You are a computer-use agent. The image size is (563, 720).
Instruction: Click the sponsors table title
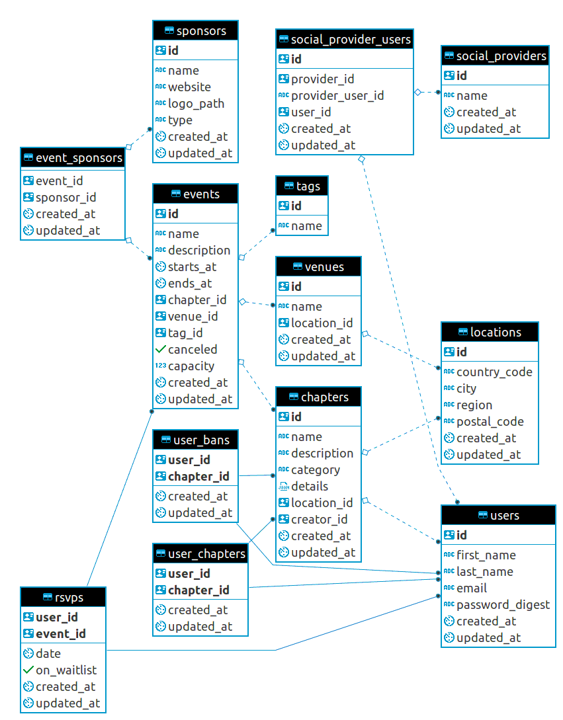coord(201,30)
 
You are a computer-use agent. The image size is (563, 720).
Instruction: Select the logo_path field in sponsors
coord(196,103)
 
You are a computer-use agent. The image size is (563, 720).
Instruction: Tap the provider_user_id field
coord(337,95)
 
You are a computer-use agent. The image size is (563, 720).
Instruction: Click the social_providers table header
coord(501,56)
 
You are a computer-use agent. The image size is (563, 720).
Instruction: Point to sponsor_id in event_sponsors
coord(65,197)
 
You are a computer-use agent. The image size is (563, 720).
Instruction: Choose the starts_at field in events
coord(192,266)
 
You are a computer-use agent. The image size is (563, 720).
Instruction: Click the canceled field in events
coord(193,349)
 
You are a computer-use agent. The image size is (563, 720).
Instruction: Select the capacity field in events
coord(191,366)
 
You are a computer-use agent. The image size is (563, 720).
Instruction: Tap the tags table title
coord(308,186)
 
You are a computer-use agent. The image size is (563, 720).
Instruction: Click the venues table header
coord(324,266)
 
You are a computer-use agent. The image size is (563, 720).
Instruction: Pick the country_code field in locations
coord(494,372)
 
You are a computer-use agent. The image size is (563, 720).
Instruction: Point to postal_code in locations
coord(490,421)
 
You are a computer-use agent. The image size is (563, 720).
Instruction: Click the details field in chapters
coord(310,486)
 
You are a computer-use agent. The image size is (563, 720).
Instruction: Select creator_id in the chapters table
coord(319,519)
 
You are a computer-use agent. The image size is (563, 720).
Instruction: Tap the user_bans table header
coord(201,440)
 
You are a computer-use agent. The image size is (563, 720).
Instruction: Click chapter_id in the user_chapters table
coord(198,590)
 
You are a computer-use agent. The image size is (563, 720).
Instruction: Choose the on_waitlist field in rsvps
coord(65,670)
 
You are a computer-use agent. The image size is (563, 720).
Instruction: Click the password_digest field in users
coord(503,604)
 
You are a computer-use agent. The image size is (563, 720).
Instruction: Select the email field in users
coord(471,588)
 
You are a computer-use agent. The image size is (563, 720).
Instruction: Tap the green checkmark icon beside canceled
coord(160,349)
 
